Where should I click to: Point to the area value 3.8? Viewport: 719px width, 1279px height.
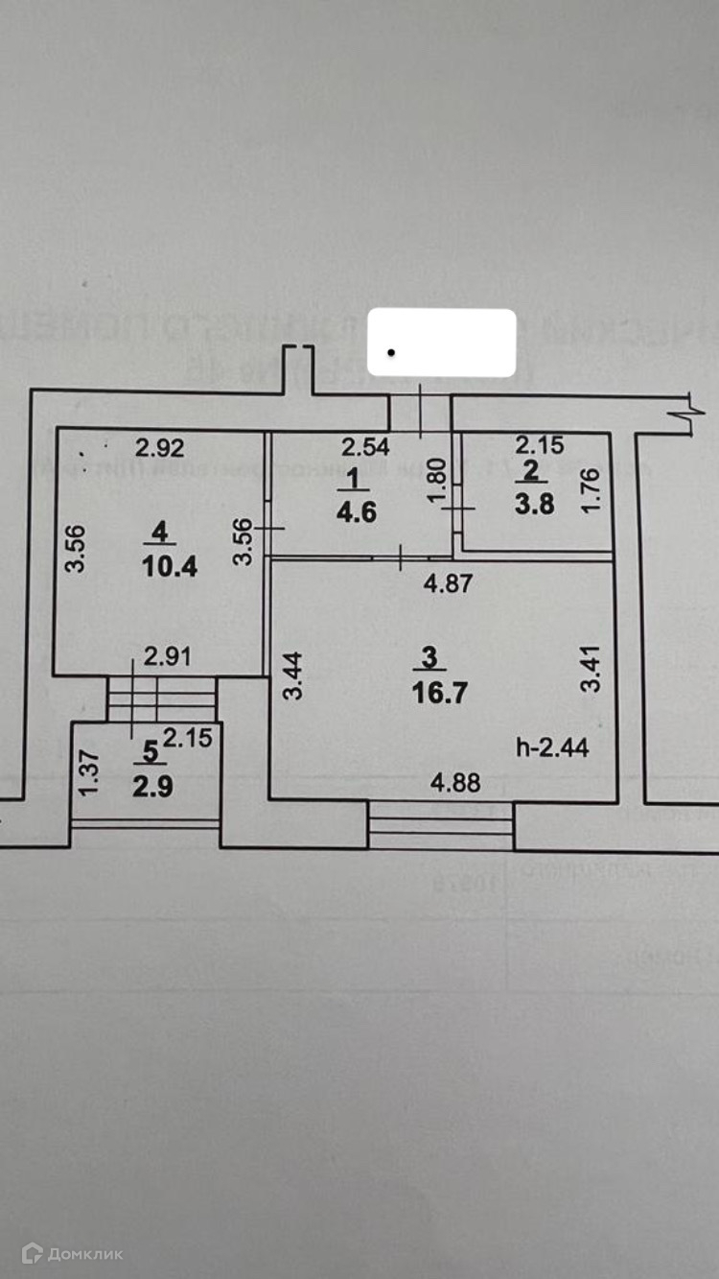(x=534, y=504)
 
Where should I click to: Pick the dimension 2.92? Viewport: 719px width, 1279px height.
(x=158, y=445)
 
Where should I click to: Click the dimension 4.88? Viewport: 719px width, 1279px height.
(x=452, y=783)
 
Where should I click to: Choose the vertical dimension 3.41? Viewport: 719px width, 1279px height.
(x=594, y=672)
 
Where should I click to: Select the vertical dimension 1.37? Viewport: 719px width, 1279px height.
(x=88, y=772)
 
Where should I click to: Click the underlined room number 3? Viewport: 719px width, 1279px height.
(x=429, y=657)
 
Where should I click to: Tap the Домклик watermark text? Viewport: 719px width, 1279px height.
(x=86, y=1253)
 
